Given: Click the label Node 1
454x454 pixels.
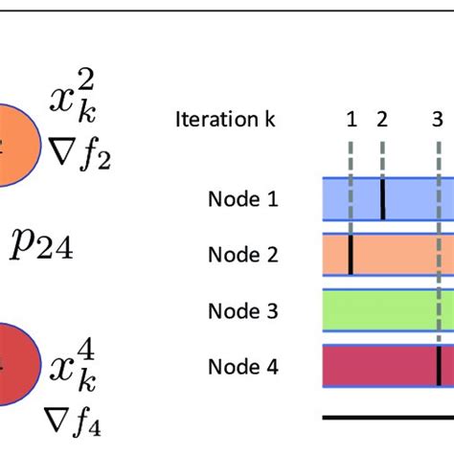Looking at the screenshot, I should coord(242,199).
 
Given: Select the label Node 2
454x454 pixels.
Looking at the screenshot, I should coord(242,255).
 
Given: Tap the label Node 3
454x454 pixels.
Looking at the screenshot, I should coord(242,310).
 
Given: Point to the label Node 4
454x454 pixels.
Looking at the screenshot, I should coord(242,365).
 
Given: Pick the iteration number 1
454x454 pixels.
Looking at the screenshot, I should coord(352,119).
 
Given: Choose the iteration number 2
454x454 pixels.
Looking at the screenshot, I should coord(382,119).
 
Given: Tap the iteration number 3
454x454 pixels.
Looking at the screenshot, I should coord(437,120).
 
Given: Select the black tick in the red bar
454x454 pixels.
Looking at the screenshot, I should coord(438,365).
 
